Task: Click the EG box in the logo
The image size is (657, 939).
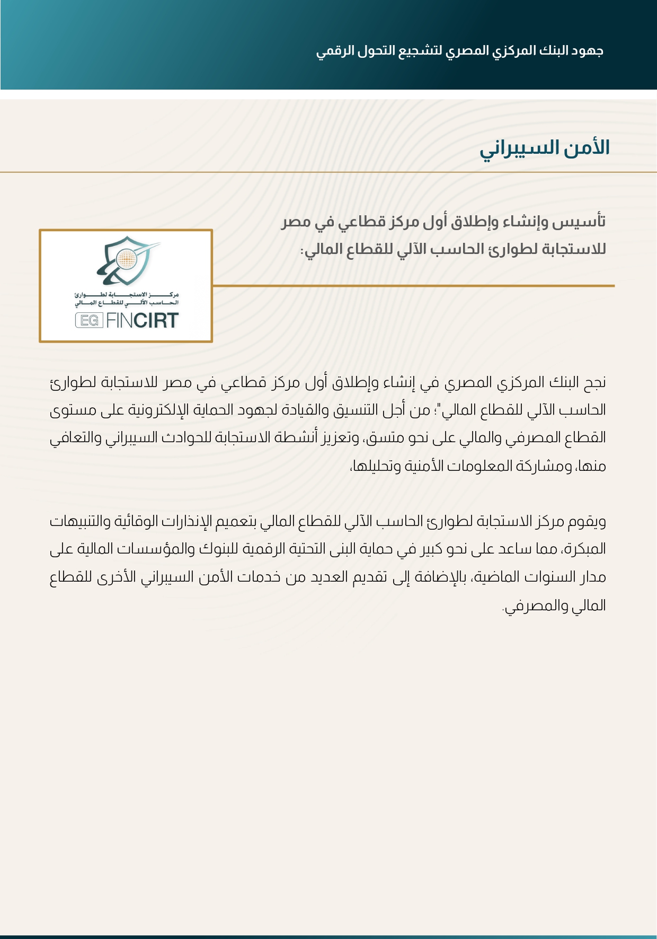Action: [x=89, y=320]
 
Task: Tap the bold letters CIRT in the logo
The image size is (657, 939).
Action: [x=156, y=320]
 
